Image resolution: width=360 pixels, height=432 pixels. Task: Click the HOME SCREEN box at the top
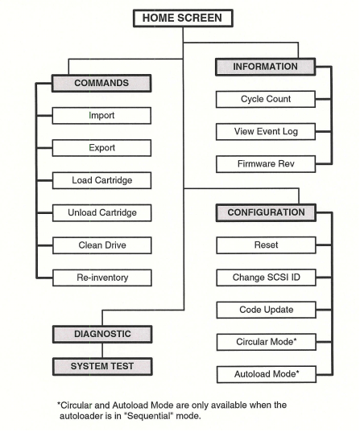183,18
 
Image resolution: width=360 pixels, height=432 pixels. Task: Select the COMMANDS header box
101,83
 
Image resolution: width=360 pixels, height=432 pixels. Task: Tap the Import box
101,116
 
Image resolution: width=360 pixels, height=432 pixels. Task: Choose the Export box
101,148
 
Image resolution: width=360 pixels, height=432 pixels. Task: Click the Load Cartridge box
101,180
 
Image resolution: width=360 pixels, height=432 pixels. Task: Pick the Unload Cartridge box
101,213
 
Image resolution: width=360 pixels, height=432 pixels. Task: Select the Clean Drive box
101,245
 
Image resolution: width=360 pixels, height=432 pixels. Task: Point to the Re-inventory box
101,278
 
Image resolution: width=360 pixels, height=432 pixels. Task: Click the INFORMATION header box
265,67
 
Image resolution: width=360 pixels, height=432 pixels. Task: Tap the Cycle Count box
265,99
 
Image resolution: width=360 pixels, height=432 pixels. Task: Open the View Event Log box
265,131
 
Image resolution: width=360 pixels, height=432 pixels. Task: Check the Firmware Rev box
265,164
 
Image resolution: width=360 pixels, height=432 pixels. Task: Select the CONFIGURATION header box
265,212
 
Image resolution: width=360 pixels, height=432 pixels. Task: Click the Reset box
265,245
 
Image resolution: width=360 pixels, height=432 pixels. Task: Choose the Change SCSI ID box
265,278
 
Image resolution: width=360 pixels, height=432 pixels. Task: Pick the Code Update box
265,310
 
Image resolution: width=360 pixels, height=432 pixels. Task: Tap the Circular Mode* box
265,342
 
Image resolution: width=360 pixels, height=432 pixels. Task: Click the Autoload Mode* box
265,374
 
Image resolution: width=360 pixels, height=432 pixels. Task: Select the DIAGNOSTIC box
101,333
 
